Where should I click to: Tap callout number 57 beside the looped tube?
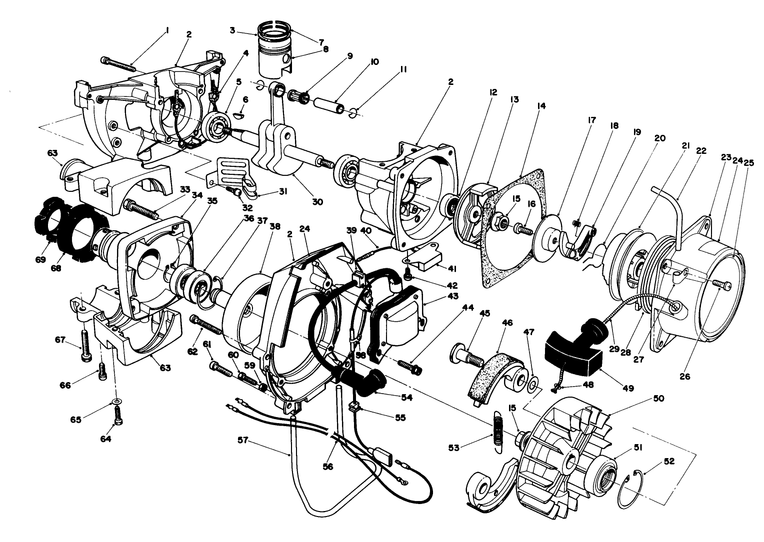[x=242, y=440]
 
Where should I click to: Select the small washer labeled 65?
[x=116, y=401]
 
